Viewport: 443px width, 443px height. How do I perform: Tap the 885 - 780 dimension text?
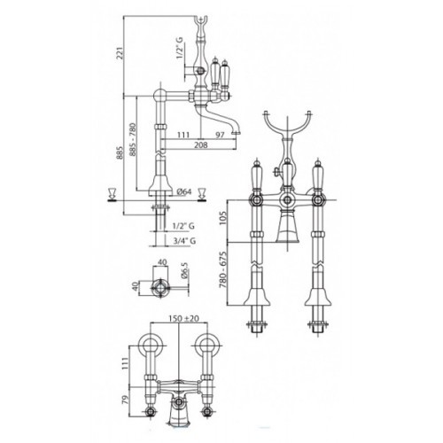tap(132, 139)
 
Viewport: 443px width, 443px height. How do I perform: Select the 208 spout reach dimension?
tap(201, 144)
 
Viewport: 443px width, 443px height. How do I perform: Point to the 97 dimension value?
tap(220, 135)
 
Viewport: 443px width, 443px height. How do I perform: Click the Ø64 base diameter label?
tap(184, 191)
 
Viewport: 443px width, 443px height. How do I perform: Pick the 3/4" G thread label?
tap(184, 241)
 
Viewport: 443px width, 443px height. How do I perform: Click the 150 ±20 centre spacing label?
tap(183, 319)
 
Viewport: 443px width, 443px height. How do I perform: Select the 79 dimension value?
tap(126, 400)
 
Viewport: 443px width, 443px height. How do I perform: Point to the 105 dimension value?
tap(222, 218)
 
